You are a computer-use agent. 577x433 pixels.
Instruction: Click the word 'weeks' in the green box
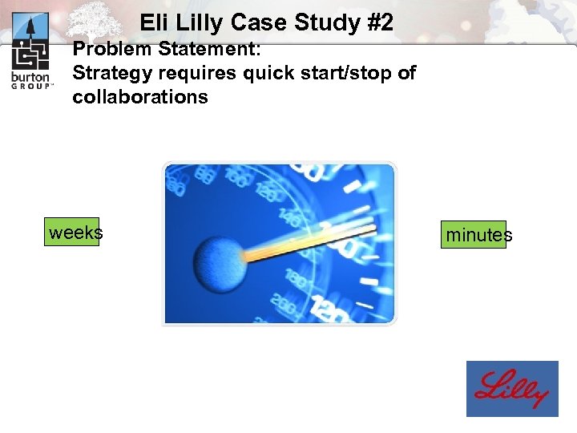(75, 233)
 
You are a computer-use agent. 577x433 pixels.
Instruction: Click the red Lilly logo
(512, 389)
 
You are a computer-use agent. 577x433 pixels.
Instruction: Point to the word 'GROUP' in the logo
(31, 87)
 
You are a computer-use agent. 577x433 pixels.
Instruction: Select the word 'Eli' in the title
(154, 23)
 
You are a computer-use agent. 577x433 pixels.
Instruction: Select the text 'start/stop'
(346, 73)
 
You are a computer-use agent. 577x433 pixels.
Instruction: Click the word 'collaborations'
(140, 97)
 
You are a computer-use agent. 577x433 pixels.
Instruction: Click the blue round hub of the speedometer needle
(219, 261)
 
